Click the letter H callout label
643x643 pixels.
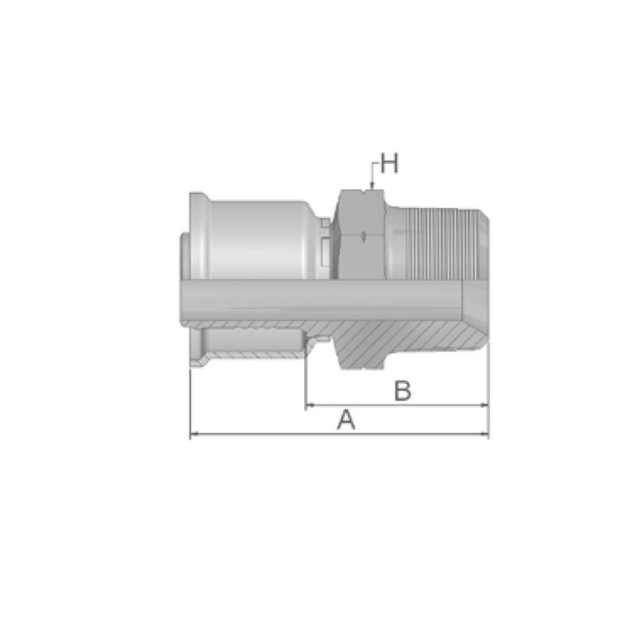coord(389,163)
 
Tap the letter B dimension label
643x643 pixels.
coord(403,391)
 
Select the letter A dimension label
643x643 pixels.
coord(346,419)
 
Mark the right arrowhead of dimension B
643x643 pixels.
coord(484,405)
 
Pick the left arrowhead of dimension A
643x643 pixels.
coord(194,434)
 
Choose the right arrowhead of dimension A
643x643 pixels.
coord(484,434)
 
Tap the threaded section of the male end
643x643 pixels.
coord(443,244)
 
